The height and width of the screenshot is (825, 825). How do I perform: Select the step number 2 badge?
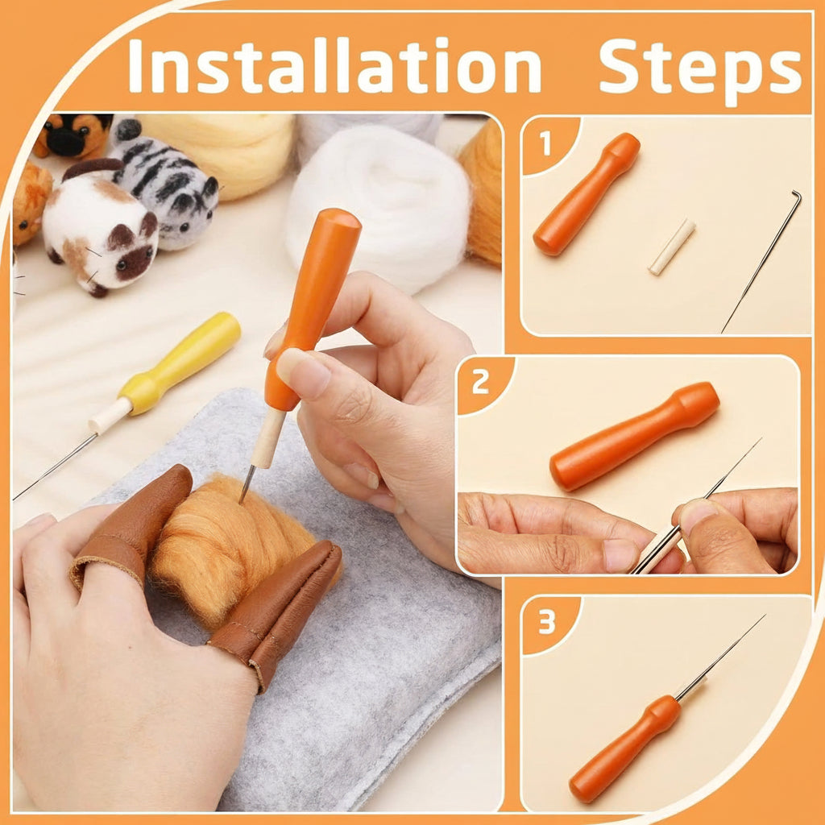(x=481, y=382)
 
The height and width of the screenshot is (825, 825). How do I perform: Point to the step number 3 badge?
(x=547, y=622)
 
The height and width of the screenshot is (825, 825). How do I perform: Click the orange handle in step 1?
(x=587, y=194)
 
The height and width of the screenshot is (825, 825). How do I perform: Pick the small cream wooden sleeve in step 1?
(x=671, y=247)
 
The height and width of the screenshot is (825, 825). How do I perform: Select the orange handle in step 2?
(x=634, y=436)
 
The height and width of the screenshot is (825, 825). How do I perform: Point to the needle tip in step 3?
(x=761, y=619)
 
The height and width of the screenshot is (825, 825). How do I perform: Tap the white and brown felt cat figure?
(x=98, y=230)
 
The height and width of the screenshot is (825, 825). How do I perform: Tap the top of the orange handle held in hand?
(x=337, y=221)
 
